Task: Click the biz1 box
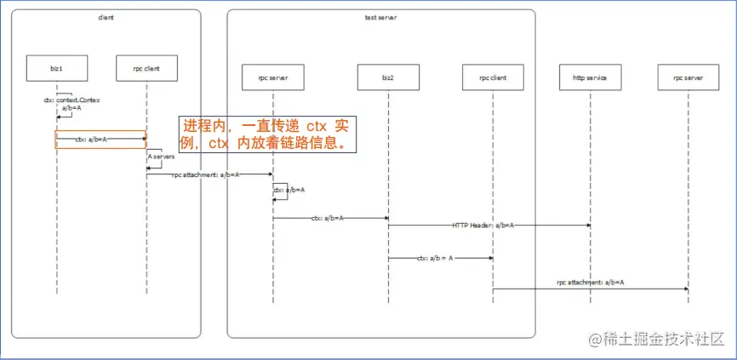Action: click(57, 68)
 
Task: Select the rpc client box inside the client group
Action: click(146, 68)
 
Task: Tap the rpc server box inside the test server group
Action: click(272, 77)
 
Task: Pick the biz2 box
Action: click(388, 77)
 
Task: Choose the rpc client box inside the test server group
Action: click(492, 77)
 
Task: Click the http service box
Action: click(590, 77)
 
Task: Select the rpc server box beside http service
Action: click(688, 77)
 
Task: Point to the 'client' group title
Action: click(106, 17)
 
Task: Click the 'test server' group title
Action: click(380, 17)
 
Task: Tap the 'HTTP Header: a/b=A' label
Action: click(483, 226)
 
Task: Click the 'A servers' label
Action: click(161, 157)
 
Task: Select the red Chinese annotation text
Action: click(267, 134)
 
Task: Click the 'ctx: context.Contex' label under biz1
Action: click(72, 100)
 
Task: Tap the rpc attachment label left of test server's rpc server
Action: click(205, 174)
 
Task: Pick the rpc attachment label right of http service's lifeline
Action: click(591, 282)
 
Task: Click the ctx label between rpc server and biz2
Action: click(327, 218)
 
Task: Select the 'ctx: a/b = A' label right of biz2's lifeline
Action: click(435, 257)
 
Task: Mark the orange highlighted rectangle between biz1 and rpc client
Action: click(101, 140)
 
